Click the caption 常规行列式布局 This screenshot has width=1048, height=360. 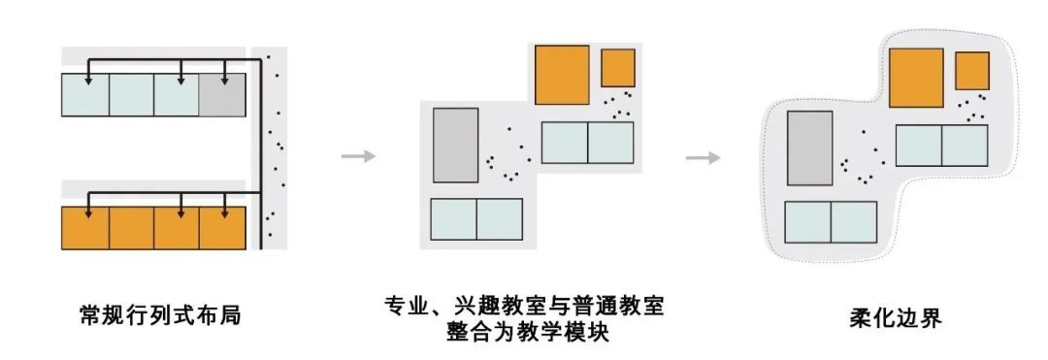tap(160, 314)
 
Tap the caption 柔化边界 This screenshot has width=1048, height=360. tap(896, 318)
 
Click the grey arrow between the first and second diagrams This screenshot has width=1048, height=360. tap(358, 156)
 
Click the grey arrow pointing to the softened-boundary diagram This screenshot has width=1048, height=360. tap(704, 158)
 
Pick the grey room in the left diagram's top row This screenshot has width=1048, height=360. tap(222, 95)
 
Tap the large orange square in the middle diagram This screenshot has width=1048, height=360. tap(562, 75)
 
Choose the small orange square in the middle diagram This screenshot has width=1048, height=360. tap(617, 68)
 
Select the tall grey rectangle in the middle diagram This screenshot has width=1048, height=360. tap(456, 145)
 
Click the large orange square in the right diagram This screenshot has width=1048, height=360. tap(916, 78)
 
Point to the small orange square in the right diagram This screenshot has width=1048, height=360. tap(971, 71)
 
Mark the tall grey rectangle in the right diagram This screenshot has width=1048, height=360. tap(810, 148)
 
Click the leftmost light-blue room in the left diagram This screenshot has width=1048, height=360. tap(85, 95)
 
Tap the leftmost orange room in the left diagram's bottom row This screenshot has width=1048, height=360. tap(85, 228)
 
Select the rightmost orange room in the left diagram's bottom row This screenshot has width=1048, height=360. tap(222, 228)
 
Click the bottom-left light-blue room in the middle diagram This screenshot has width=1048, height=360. tap(454, 219)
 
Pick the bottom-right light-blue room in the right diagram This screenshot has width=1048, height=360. tap(854, 222)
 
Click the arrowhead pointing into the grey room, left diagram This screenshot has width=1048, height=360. tap(224, 81)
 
